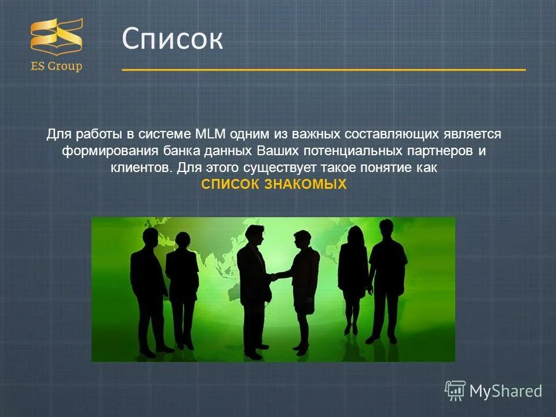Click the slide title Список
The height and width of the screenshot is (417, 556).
172,39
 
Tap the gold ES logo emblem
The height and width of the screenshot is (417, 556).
56,36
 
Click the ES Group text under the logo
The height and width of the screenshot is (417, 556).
56,66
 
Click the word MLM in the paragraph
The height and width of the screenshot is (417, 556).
210,134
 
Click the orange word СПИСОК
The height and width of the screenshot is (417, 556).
230,185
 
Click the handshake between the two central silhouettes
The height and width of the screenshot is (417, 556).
279,276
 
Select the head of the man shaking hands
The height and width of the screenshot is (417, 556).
253,235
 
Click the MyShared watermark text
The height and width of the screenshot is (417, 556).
505,391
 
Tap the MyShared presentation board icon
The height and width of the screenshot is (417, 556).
455,391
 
